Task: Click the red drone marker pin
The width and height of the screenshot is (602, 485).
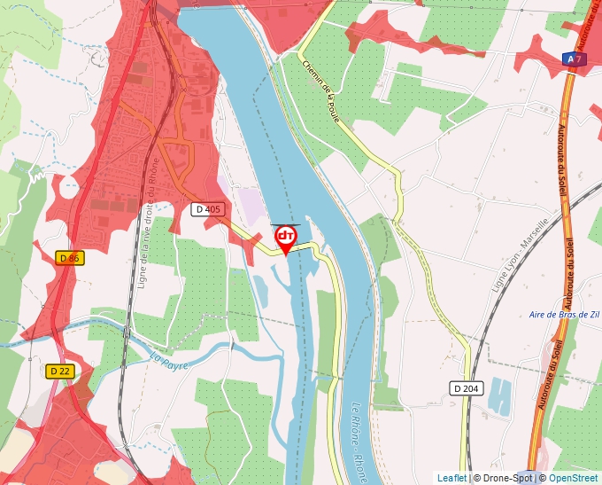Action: click(x=286, y=238)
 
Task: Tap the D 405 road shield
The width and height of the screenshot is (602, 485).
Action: click(x=208, y=209)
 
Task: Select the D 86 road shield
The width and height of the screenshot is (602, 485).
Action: click(x=69, y=257)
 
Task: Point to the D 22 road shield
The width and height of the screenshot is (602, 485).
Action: click(x=59, y=371)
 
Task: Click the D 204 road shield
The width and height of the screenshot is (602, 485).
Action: click(x=466, y=387)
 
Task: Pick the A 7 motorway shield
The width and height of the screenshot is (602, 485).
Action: click(x=574, y=59)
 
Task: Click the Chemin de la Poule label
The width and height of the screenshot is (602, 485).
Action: click(x=322, y=94)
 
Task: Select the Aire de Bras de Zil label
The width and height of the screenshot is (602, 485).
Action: click(x=563, y=315)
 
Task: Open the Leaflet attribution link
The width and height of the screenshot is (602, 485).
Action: click(x=451, y=478)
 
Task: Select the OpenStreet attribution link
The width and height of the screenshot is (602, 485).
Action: click(x=575, y=478)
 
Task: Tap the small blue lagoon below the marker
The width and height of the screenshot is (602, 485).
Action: click(x=263, y=288)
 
